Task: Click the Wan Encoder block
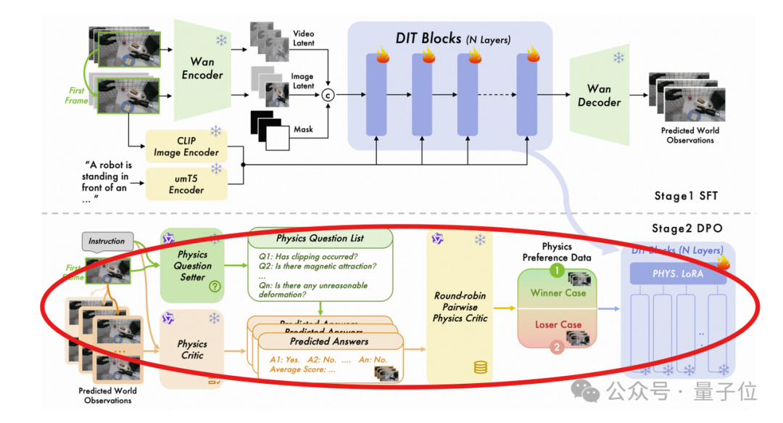point(202,70)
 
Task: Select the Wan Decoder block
point(599,95)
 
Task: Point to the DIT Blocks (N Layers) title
point(452,38)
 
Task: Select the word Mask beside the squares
point(304,129)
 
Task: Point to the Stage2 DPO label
point(685,229)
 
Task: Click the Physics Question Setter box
point(192,266)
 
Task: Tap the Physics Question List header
point(320,239)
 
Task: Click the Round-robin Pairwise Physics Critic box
point(460,307)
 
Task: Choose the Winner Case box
point(557,292)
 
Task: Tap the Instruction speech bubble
point(107,241)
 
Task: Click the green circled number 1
point(557,271)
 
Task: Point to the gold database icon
point(480,367)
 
